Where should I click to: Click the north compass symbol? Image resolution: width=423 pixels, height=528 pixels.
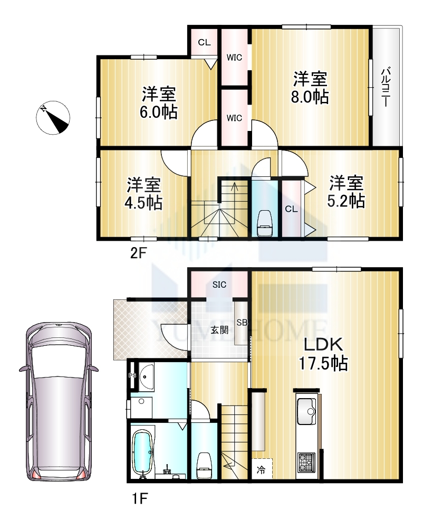[53, 118]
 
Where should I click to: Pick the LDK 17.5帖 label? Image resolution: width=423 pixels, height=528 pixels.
[323, 354]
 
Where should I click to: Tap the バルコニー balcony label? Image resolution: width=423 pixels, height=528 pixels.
[386, 87]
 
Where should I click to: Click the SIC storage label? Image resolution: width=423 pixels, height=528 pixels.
[219, 285]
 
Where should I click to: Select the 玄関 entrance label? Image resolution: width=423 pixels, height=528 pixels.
[219, 329]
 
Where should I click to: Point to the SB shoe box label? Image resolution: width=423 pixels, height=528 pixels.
[242, 322]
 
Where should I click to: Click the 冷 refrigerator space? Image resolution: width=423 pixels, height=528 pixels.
[262, 469]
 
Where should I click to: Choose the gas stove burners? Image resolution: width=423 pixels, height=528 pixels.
[306, 463]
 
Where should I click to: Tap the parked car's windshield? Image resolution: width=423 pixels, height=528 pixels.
[59, 361]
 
